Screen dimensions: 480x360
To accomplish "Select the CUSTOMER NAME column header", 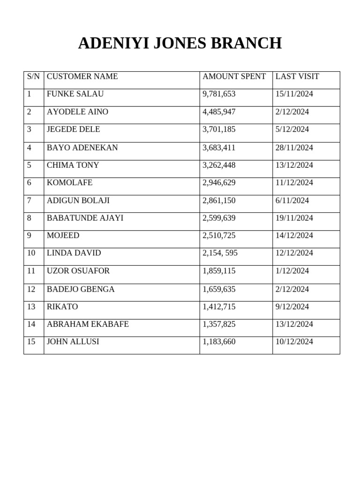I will coord(82,76).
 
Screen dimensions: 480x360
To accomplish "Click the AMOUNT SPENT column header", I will coord(234,76).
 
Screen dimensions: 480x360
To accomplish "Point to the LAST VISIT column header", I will coord(297,76).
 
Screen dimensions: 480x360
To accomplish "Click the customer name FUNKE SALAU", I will coord(75,94).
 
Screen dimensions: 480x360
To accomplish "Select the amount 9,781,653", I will coord(219,94).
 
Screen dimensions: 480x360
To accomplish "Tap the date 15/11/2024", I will coord(294,94).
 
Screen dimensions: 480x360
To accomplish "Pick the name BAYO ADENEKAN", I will coord(82,148).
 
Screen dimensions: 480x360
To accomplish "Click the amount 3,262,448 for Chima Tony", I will coord(219,165).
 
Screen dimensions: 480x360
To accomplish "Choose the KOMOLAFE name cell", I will coord(70,183).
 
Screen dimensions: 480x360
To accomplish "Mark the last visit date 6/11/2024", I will coord(292,201).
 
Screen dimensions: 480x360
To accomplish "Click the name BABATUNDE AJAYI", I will coord(85,218).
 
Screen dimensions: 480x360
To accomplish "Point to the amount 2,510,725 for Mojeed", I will coord(219,235).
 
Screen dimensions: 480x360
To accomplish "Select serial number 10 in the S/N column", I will coord(31,253).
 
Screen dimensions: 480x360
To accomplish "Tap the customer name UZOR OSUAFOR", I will coord(78,271).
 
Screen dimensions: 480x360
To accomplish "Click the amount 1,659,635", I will coord(219,289).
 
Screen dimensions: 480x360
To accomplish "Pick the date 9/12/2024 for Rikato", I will coord(292,307).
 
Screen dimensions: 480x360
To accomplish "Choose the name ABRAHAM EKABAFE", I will coord(88,324).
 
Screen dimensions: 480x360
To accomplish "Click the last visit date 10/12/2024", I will coord(294,342).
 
